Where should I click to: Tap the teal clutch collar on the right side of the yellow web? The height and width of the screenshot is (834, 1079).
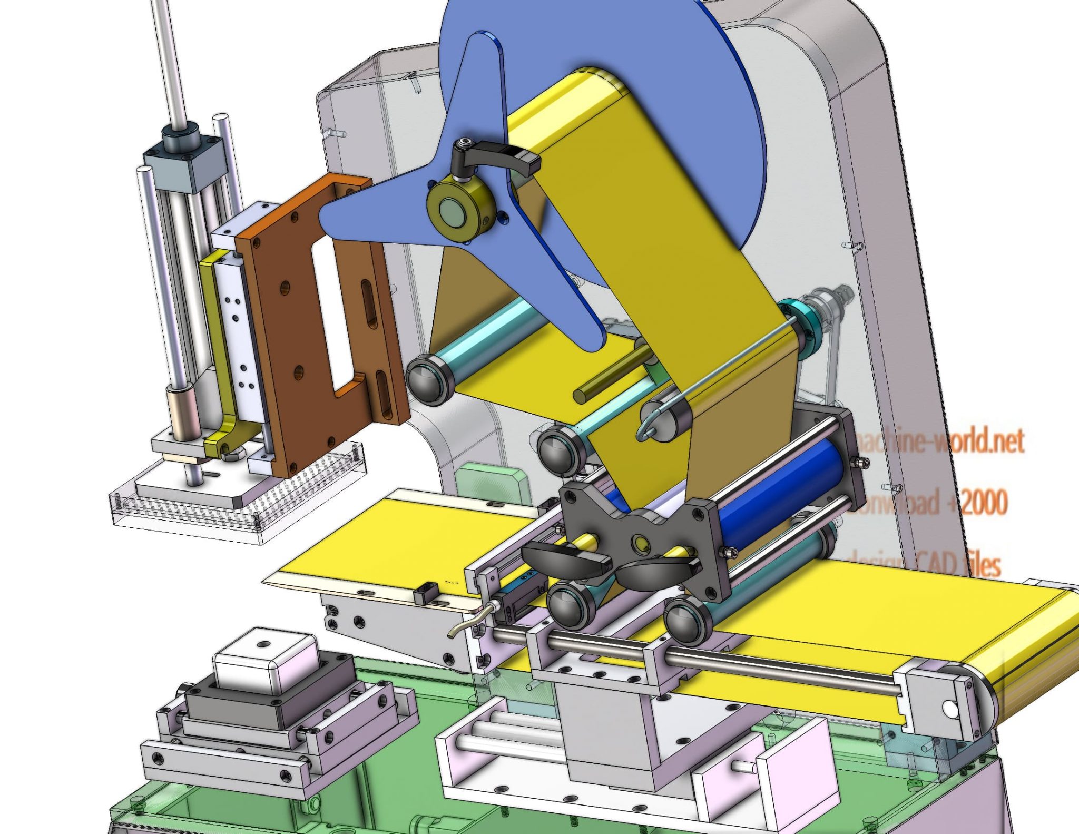pyautogui.click(x=801, y=321)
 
